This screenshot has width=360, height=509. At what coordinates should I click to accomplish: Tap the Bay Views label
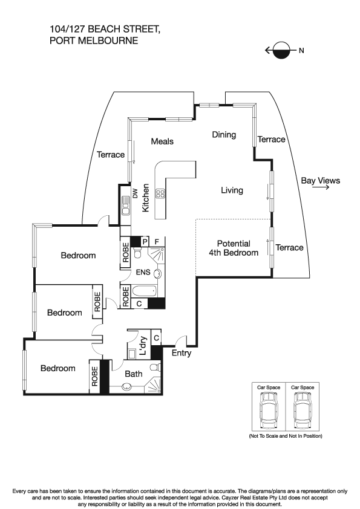tap(321, 180)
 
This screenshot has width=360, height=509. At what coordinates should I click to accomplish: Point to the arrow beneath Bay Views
tap(321, 188)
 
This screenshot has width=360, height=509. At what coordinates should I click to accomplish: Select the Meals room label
tap(162, 141)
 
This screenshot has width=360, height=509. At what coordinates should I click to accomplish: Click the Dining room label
tap(224, 135)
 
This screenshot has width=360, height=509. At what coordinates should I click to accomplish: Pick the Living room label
tap(232, 190)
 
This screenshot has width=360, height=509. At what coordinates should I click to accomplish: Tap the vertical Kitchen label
tap(146, 198)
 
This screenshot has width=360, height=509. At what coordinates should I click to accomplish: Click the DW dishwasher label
tap(135, 194)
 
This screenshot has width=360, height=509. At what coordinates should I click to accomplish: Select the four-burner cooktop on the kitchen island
tap(161, 194)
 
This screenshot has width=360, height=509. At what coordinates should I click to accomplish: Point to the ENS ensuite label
tap(142, 273)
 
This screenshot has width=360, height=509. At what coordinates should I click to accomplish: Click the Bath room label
tap(133, 374)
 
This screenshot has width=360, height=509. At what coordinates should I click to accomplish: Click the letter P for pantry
tap(145, 241)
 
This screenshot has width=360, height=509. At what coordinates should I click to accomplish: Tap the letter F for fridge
tap(157, 241)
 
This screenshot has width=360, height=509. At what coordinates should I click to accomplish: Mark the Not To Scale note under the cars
tap(286, 436)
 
